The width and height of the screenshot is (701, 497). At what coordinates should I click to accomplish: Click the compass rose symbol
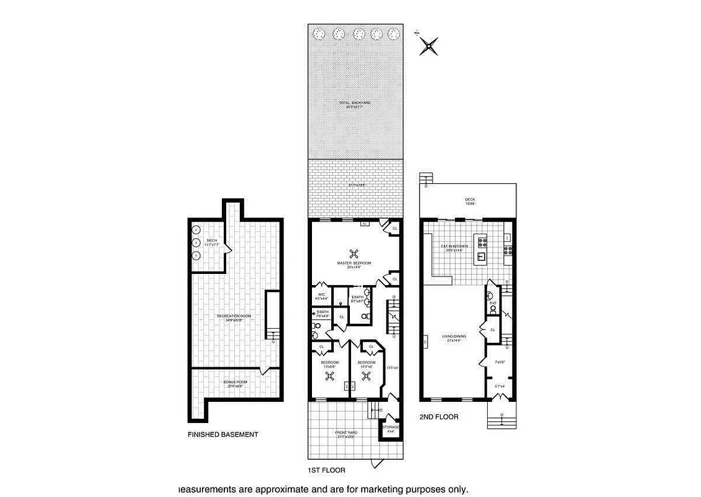[x=429, y=45]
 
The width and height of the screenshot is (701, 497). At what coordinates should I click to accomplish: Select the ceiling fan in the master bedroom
[x=354, y=253]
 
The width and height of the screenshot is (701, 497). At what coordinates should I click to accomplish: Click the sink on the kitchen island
[x=481, y=256]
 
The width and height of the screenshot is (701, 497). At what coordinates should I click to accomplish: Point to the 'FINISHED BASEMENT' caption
[x=222, y=435]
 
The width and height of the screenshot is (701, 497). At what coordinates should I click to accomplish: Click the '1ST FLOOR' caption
[x=326, y=470]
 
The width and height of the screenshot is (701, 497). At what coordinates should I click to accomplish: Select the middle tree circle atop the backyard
[x=358, y=34]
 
